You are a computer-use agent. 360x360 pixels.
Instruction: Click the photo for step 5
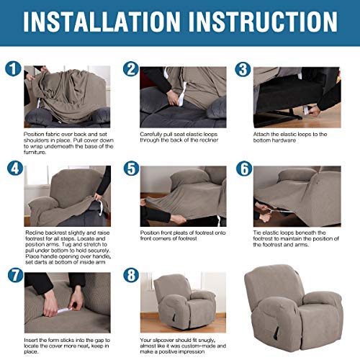pyautogui.click(x=184, y=195)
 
